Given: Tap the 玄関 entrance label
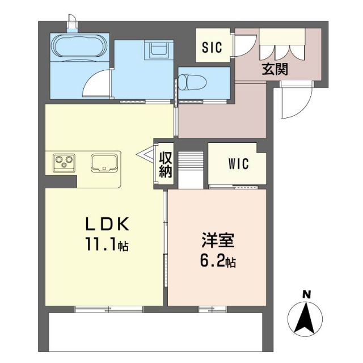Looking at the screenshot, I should coord(275,69).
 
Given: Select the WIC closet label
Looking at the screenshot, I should coord(239,165).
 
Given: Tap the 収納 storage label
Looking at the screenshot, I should coord(165,165).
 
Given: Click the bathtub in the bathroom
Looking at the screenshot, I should coord(78,47).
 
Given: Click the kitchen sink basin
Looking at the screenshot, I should coord(104,163).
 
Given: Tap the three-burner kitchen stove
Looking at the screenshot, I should coord(64,163).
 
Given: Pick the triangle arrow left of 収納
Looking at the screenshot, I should coord(145,153).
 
